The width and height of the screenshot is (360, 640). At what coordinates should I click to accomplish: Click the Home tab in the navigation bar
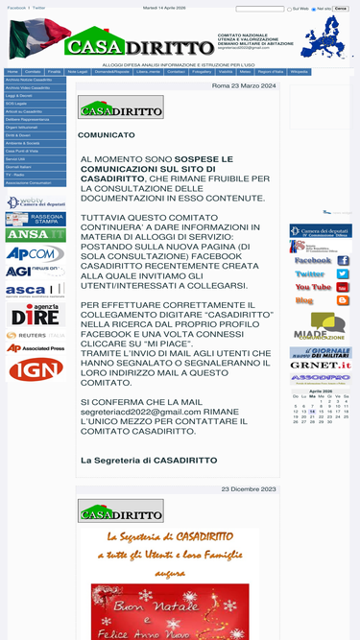pos(12,72)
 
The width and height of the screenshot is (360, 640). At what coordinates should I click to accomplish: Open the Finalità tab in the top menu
pos(55,72)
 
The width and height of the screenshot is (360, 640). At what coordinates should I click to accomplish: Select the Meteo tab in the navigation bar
pos(246,72)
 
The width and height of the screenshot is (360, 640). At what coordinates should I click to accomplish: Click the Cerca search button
pos(341,9)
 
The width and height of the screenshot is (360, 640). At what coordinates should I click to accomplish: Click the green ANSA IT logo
pos(36,235)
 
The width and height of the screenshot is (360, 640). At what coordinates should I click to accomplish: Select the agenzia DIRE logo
pos(36,315)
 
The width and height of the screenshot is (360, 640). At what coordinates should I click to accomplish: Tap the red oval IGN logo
pos(36,369)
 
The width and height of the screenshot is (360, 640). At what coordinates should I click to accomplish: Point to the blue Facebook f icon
pos(343,260)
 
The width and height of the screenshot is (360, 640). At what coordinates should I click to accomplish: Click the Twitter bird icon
pos(343,273)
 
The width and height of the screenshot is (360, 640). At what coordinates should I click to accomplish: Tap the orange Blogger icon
pos(343,300)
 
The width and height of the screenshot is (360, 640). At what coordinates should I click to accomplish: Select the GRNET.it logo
pos(321,365)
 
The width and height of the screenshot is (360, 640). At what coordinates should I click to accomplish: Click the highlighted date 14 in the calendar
pos(313,412)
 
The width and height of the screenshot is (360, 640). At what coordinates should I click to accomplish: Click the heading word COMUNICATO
pos(107,135)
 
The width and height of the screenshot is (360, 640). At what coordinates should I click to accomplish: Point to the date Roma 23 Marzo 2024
pos(244,86)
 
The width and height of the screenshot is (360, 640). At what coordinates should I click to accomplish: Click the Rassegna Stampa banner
pos(36,219)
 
